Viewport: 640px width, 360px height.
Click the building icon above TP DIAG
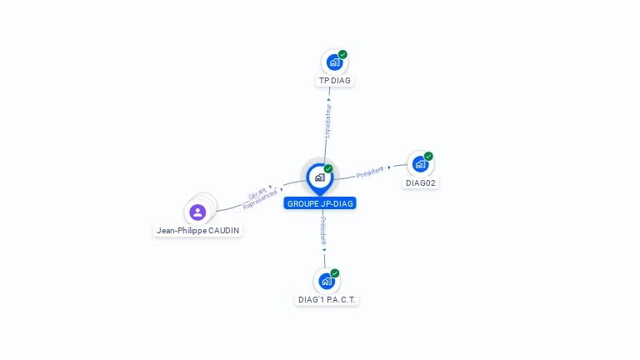click(334, 62)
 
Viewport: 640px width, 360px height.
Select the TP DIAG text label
click(335, 81)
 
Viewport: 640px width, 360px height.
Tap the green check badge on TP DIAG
click(342, 54)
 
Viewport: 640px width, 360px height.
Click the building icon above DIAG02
click(420, 163)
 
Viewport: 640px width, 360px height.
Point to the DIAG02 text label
click(421, 182)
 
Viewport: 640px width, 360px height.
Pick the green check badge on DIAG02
click(428, 156)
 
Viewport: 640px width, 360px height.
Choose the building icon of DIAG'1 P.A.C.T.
click(327, 281)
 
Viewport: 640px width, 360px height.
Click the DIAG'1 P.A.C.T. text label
click(328, 299)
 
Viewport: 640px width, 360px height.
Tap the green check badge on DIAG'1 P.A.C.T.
click(335, 273)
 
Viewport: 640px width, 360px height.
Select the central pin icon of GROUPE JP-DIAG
click(319, 177)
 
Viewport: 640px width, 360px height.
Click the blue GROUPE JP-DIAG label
click(320, 203)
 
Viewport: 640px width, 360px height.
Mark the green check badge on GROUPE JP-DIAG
click(328, 168)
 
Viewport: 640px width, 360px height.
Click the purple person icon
click(197, 212)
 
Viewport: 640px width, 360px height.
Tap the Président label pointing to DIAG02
click(370, 172)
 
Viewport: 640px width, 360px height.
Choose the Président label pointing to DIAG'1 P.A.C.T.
click(323, 231)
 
